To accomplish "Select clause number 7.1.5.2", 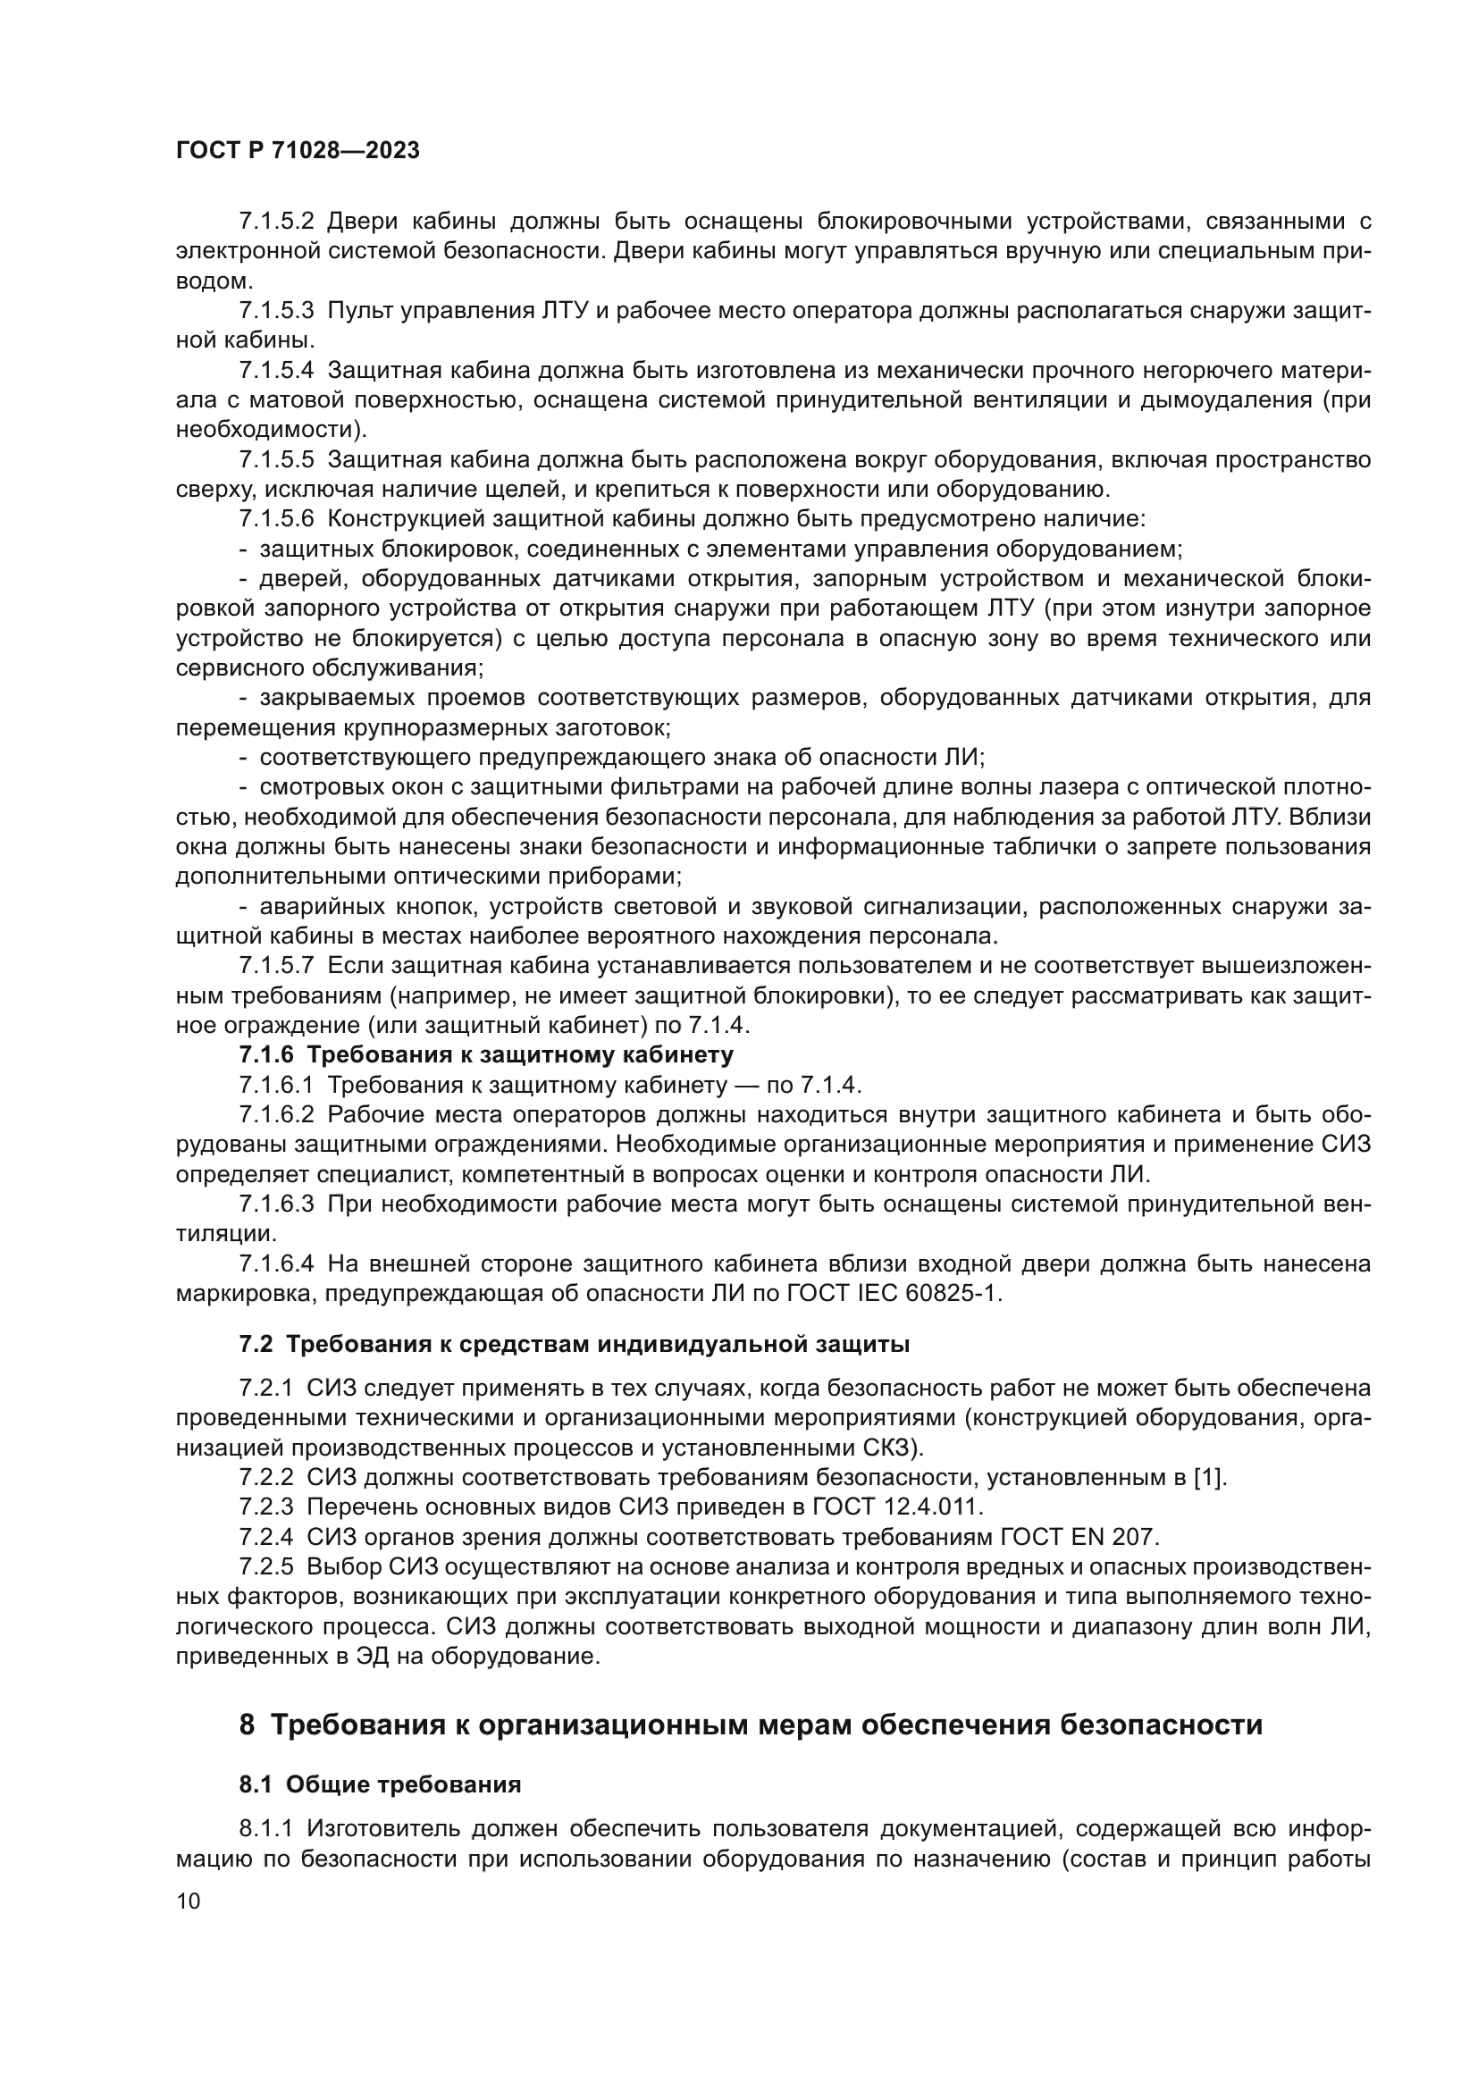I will (277, 222).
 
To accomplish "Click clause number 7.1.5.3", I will (277, 310).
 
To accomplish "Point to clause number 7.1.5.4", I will (277, 371).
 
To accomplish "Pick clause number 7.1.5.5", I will (277, 459).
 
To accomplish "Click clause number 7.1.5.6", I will (277, 520).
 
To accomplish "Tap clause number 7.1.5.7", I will (277, 965).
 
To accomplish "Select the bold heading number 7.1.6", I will (266, 1055).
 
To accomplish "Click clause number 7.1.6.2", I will (277, 1115).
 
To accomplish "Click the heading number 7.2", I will (256, 1345).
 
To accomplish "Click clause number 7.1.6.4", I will (277, 1263).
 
